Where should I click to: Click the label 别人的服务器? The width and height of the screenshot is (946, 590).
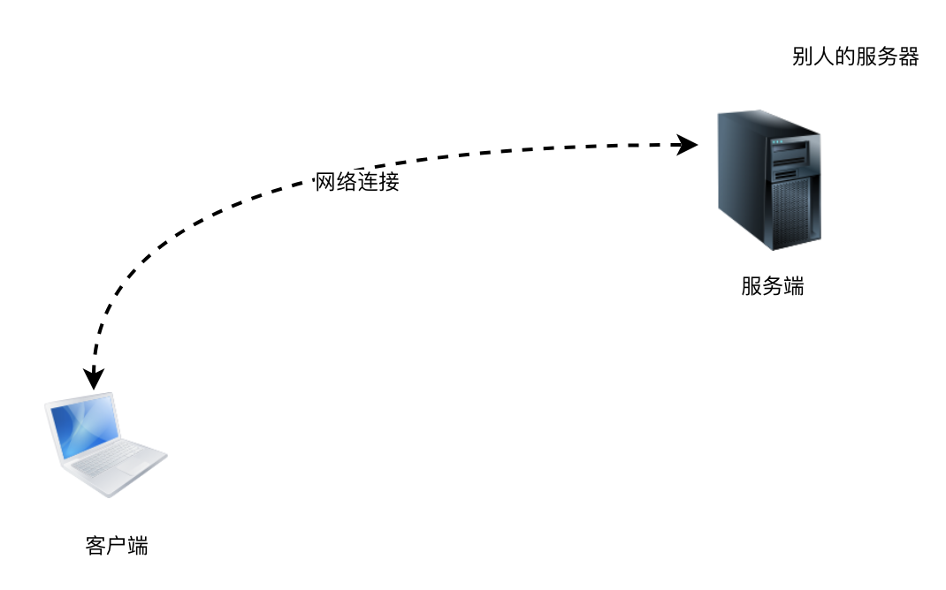tap(855, 57)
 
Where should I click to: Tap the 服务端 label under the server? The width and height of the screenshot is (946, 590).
tap(772, 286)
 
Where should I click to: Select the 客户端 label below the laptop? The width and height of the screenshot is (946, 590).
tap(116, 545)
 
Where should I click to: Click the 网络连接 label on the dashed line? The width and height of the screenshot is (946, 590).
tap(357, 183)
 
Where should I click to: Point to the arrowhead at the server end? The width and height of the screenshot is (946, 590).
tap(687, 144)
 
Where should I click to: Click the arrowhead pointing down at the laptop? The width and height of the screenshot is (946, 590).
tap(93, 378)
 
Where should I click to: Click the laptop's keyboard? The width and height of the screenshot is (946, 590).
tap(111, 459)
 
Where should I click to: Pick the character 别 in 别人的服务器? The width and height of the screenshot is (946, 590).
tap(802, 57)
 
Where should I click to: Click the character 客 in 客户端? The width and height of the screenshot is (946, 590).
tap(95, 545)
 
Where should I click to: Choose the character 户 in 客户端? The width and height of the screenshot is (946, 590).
tap(116, 545)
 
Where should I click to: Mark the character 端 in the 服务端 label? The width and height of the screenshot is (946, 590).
tap(793, 286)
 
